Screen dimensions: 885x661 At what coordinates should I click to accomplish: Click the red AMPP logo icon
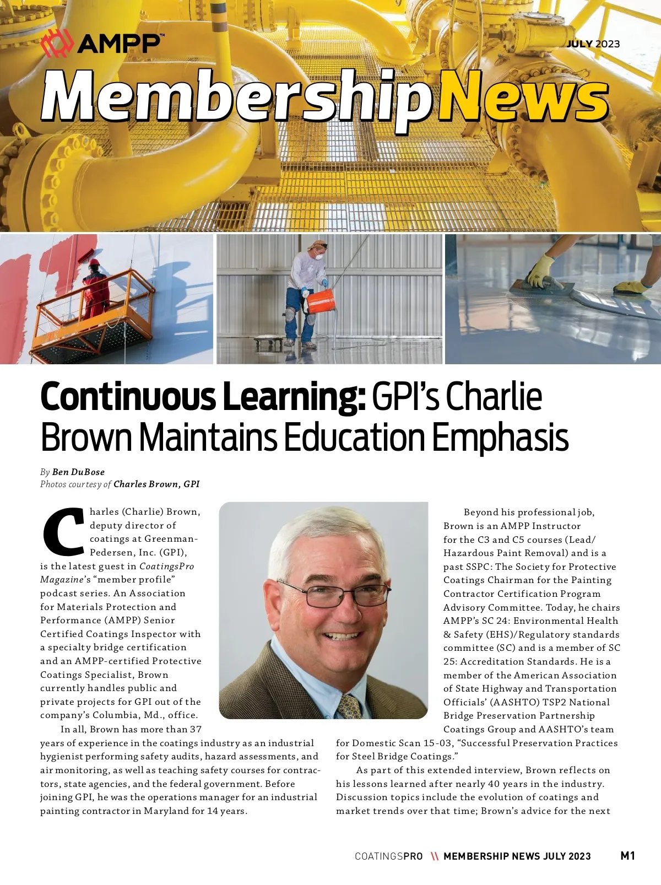click(57, 44)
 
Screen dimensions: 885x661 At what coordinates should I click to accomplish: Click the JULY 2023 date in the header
click(593, 44)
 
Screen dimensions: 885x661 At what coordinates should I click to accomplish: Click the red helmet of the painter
click(94, 262)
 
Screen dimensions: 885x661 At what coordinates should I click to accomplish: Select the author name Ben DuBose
click(78, 472)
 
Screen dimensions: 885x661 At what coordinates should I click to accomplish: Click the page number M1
click(627, 855)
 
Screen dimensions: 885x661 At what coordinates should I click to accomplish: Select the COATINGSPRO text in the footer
click(388, 856)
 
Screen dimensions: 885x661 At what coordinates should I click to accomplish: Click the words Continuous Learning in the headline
click(203, 397)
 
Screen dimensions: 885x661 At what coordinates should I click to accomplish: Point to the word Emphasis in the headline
click(500, 438)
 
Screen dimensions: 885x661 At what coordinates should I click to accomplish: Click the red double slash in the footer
click(434, 856)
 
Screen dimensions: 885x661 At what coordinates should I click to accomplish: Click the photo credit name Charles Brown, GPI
click(156, 484)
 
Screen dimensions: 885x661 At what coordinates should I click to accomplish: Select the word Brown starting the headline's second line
click(86, 438)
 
